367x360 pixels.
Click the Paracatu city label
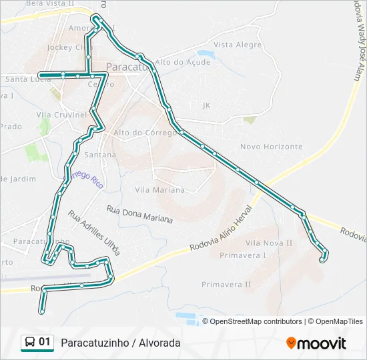[x=127, y=67]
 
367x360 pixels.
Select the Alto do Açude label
[x=182, y=62]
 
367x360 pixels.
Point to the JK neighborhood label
[x=206, y=105]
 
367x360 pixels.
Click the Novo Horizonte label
[x=271, y=147]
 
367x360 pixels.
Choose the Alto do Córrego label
[x=145, y=133]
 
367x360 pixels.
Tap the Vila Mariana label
[x=159, y=190]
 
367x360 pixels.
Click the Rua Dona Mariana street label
[x=139, y=214]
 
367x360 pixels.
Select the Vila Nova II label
[x=269, y=243]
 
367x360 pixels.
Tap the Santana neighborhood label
[x=100, y=155]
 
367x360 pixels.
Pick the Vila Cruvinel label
[x=61, y=115]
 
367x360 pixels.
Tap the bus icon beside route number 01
[x=30, y=343]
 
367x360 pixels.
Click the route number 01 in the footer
[x=45, y=343]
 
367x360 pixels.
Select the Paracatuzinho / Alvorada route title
[x=120, y=343]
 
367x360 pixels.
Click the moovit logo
[x=316, y=343]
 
